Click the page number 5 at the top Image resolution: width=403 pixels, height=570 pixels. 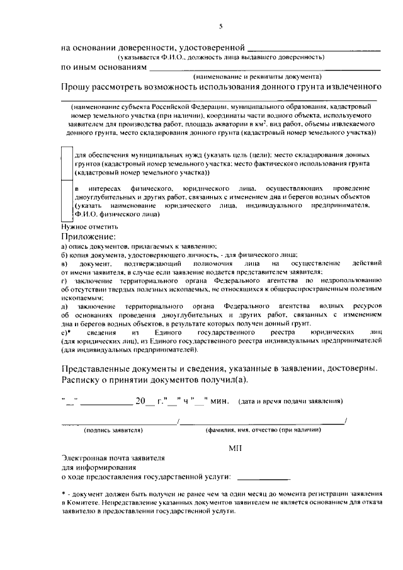pos(221,26)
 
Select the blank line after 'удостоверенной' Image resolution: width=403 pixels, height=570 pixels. pos(314,47)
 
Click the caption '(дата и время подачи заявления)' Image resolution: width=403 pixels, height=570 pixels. pos(290,401)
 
